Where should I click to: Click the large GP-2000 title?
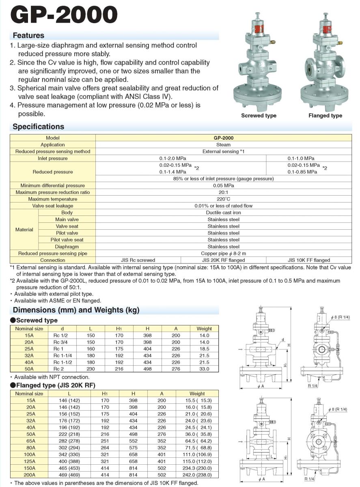(65, 15)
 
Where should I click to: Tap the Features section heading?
(28, 35)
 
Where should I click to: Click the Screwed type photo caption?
(259, 116)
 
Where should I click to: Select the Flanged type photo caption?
(325, 116)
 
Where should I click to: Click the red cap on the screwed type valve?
(257, 29)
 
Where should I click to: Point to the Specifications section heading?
(38, 127)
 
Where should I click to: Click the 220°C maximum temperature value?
(223, 199)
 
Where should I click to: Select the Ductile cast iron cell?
(223, 213)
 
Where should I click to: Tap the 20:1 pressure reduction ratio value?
(223, 192)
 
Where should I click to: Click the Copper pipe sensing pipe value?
(223, 253)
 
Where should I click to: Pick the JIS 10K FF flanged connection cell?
(309, 260)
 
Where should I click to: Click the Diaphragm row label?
(67, 246)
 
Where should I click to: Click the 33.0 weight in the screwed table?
(204, 369)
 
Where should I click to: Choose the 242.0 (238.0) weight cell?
(198, 474)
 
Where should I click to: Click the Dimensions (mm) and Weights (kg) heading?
(76, 310)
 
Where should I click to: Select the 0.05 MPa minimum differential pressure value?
(223, 185)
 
